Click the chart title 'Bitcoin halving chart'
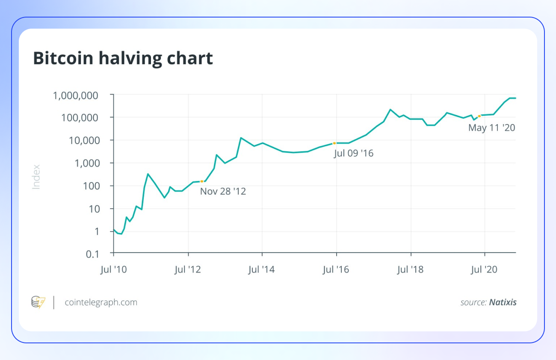(123, 59)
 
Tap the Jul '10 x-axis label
(114, 269)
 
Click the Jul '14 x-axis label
(262, 269)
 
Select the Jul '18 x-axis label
(410, 269)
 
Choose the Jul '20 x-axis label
(485, 269)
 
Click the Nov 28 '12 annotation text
(223, 191)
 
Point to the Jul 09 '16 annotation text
(354, 153)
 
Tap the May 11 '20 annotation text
(491, 127)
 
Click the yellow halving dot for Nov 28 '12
(202, 181)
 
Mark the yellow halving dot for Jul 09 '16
(334, 143)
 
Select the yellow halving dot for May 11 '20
(479, 116)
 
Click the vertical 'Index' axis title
(36, 177)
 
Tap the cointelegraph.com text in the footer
(101, 302)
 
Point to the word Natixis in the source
(503, 302)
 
